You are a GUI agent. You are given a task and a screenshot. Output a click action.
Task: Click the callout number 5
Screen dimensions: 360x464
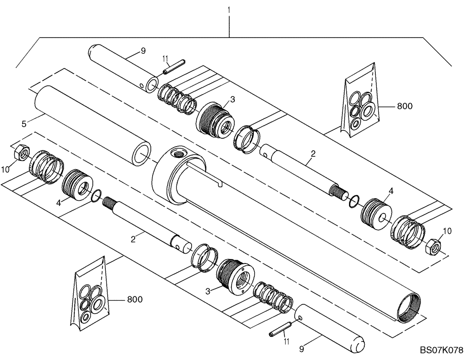click(x=23, y=124)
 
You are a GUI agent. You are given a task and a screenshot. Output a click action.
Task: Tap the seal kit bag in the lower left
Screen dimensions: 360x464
click(x=91, y=297)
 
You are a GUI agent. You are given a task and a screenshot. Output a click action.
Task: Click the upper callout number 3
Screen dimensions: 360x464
click(x=232, y=99)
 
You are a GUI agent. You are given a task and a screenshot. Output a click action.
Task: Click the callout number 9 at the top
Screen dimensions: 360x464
click(x=142, y=51)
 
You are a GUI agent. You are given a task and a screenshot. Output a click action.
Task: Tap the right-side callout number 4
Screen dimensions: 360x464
click(x=391, y=191)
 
